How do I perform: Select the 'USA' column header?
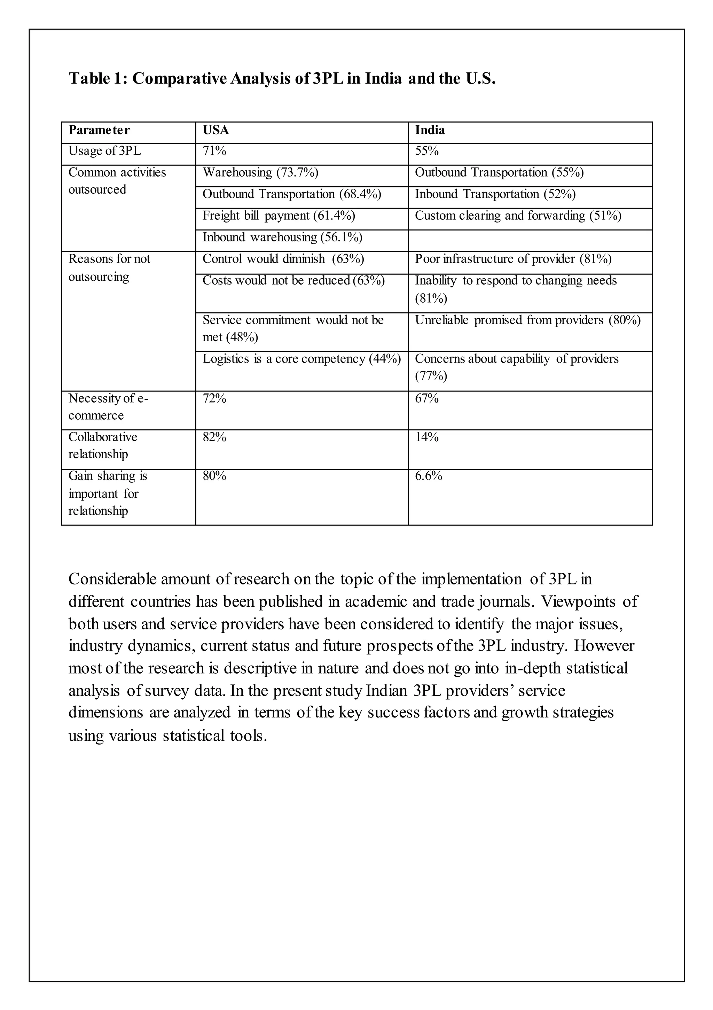[216, 130]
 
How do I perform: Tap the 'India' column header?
[430, 130]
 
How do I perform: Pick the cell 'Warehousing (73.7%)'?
[260, 172]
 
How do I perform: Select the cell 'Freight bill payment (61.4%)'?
[279, 216]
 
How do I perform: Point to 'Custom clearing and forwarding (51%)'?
[518, 216]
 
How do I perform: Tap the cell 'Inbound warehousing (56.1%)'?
[282, 237]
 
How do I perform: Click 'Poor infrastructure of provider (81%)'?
[513, 259]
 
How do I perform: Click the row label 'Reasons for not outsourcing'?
[109, 267]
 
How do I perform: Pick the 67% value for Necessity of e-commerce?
[427, 398]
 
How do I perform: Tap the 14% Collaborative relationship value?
[427, 437]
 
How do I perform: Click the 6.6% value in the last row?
[429, 476]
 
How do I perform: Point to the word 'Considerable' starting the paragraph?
[112, 579]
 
